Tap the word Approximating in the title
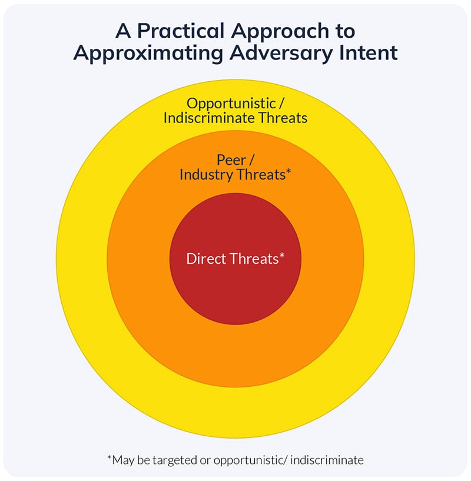(x=147, y=53)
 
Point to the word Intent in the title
(x=369, y=53)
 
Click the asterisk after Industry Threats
(x=288, y=172)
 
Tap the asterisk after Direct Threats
(x=282, y=256)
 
